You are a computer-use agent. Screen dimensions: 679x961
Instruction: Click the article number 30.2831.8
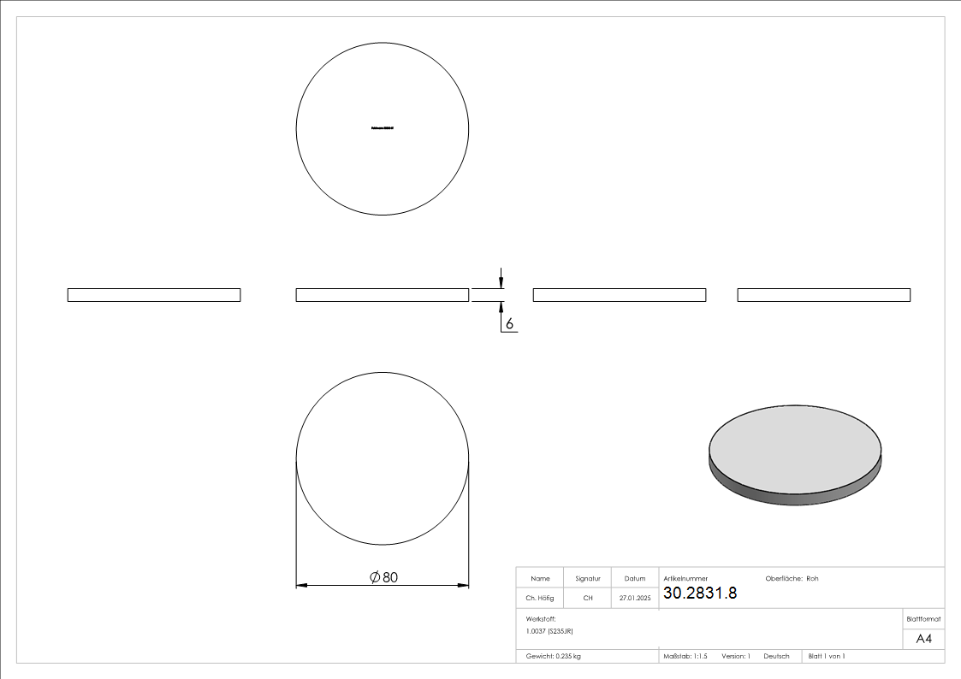click(699, 593)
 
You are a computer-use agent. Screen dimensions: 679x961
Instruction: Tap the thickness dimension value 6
click(509, 324)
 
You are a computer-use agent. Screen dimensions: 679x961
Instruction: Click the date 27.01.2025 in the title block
click(634, 599)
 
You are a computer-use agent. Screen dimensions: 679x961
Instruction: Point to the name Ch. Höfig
click(540, 599)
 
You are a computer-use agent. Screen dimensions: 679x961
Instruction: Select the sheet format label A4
click(923, 639)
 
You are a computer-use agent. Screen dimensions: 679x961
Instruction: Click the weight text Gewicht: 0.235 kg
click(553, 656)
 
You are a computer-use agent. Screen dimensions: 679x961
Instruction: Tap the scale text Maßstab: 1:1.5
click(685, 656)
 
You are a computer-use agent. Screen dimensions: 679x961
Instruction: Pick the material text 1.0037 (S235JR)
click(549, 630)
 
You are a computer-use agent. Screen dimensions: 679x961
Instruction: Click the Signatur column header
click(588, 579)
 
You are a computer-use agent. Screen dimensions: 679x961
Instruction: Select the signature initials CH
click(588, 599)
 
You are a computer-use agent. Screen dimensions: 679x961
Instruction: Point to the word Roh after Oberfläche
click(812, 579)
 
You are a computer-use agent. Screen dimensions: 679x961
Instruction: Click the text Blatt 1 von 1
click(827, 656)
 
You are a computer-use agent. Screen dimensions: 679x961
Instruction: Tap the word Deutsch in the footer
click(776, 656)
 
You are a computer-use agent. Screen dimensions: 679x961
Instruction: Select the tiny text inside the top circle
click(383, 128)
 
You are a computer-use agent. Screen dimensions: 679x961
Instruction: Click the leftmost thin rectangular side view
click(154, 295)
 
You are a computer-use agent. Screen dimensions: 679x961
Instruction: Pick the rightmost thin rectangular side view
click(823, 295)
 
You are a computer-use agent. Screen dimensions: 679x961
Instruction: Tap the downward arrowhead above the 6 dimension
click(501, 283)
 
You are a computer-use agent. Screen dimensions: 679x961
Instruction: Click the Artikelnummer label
click(685, 579)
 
